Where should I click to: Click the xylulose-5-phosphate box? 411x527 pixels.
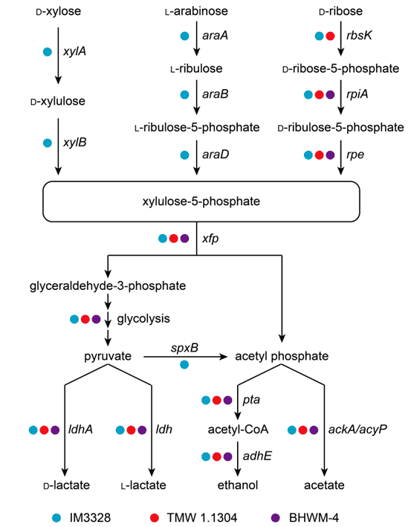pos(201,201)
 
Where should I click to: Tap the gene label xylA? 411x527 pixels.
pos(74,51)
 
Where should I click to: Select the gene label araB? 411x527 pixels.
pos(216,94)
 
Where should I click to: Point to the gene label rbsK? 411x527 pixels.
pos(359,35)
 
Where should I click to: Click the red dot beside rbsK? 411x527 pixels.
pos(330,36)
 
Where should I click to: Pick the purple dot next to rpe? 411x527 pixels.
pos(330,155)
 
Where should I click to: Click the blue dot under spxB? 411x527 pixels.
pos(184,364)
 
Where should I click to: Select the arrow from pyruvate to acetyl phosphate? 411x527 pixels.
pos(186,357)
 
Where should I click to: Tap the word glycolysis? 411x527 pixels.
pos(143,319)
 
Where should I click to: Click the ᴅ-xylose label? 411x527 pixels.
pos(59,11)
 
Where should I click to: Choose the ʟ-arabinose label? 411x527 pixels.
pos(197,11)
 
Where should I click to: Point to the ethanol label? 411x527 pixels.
pos(238,485)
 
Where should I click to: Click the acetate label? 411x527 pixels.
pos(324,485)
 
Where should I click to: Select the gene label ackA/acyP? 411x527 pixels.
pos(357,430)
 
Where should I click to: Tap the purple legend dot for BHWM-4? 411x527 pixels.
pos(276,518)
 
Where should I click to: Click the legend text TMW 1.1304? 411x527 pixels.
pos(202,518)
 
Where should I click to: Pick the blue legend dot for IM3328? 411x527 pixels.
pos(56,518)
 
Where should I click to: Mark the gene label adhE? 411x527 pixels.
pos(257,456)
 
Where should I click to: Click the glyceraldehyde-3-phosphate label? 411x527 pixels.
pos(108,286)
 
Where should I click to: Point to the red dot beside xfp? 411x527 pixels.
pos(173,239)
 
